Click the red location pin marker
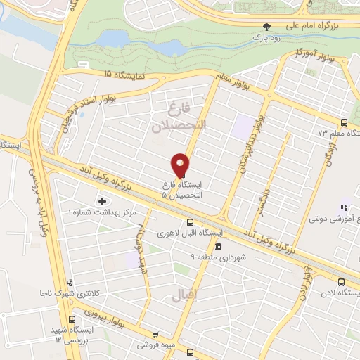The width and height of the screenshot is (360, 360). point(181,165)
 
